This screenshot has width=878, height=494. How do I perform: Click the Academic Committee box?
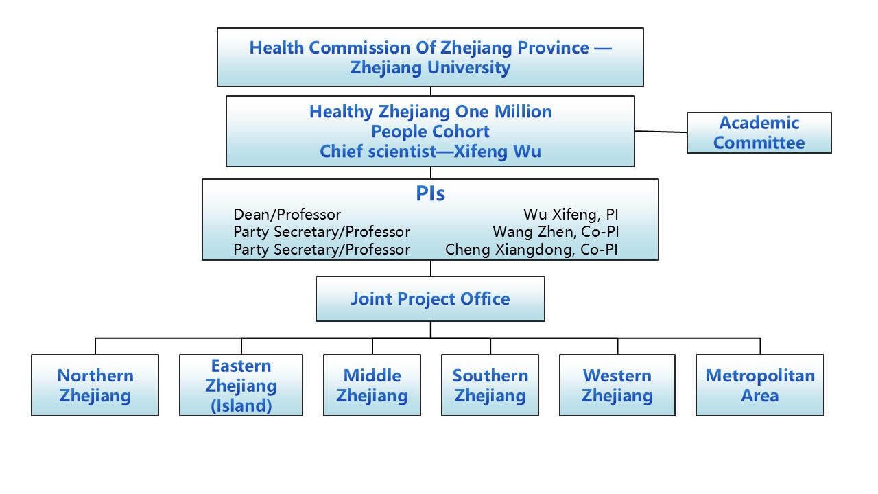[759, 132]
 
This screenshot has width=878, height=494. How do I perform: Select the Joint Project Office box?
[430, 299]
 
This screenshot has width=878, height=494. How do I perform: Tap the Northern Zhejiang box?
[95, 386]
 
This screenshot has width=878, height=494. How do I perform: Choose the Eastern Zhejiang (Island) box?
[241, 386]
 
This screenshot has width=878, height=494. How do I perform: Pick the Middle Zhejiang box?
[372, 386]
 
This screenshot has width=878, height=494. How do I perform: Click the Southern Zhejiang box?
[490, 386]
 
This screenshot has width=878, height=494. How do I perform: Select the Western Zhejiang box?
[617, 386]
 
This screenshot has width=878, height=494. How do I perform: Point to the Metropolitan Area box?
[759, 386]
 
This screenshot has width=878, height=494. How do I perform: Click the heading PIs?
[430, 194]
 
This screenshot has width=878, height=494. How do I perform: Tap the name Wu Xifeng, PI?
[570, 215]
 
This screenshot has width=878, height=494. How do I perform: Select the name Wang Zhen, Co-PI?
[555, 232]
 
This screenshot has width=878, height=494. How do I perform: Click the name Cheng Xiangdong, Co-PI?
[531, 250]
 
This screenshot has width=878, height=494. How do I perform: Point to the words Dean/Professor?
[287, 215]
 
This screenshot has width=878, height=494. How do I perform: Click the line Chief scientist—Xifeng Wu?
[430, 152]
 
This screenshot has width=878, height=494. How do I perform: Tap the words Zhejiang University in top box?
[430, 68]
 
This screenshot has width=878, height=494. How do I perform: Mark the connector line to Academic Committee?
[661, 132]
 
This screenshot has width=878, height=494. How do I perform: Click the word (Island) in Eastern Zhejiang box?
[241, 405]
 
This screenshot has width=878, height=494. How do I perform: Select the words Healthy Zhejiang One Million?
[430, 112]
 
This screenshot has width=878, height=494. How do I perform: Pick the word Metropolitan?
[759, 376]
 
